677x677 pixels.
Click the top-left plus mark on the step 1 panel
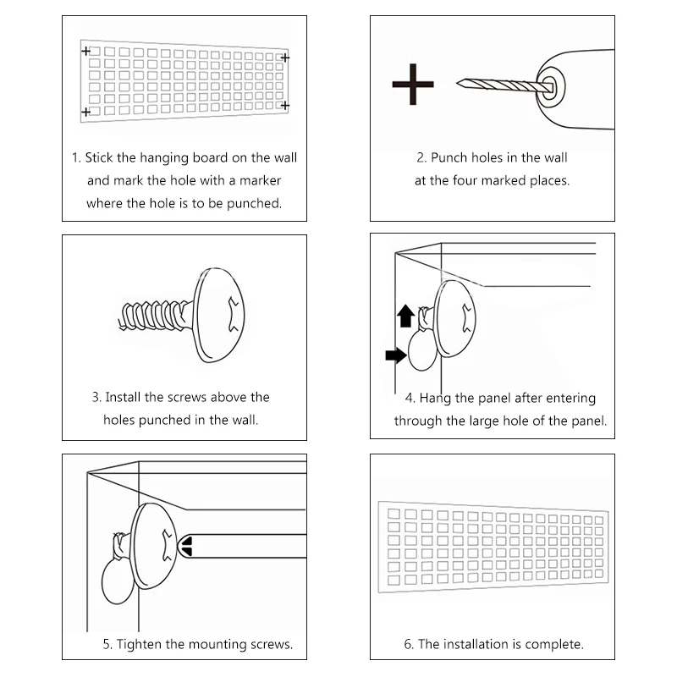(85, 52)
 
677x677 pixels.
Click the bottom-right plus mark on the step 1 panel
(285, 105)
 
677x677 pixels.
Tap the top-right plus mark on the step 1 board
(284, 58)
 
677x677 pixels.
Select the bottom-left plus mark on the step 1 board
(85, 112)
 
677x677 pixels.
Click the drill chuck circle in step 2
(550, 85)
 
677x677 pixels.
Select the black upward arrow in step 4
(405, 316)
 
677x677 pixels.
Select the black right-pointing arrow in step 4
(394, 355)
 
